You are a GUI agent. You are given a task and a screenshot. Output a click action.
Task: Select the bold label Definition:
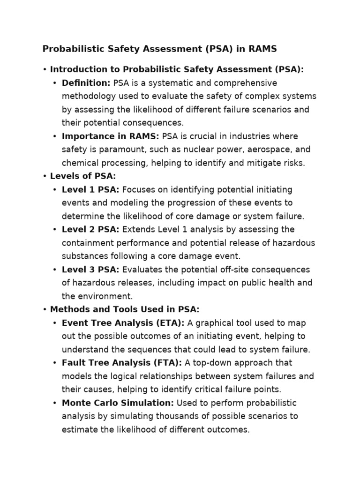coord(86,83)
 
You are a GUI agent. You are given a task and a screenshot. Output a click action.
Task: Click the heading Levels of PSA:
coord(83,176)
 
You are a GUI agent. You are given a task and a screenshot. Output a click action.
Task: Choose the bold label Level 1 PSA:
coord(90,190)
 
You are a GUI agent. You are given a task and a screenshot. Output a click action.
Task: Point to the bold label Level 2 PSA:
coord(90,230)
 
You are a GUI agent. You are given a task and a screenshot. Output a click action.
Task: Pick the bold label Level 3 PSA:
coord(90,270)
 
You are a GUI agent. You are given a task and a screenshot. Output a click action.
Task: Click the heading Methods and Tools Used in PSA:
coord(125,309)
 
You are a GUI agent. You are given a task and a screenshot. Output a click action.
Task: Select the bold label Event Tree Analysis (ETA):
coord(123,323)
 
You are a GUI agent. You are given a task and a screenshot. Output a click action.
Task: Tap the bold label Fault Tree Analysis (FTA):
coord(122,363)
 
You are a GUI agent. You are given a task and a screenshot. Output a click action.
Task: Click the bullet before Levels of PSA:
coord(44,176)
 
